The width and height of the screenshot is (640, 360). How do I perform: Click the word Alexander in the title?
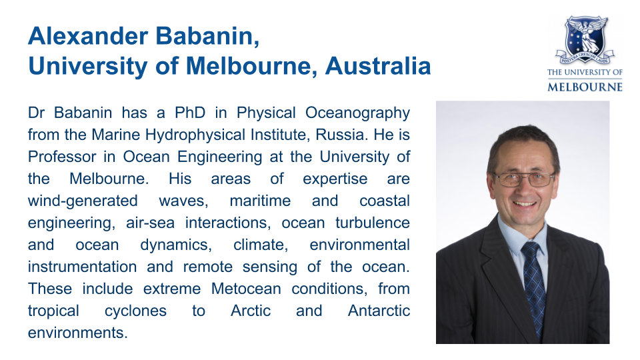tap(88, 36)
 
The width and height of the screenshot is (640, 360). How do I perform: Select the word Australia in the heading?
tap(378, 66)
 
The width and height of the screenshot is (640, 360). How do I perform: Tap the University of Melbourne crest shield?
tap(585, 39)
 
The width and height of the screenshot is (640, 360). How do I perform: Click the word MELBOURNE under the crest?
tap(585, 87)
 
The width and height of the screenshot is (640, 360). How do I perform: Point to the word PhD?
tap(190, 113)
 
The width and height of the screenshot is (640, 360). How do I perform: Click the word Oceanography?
tap(357, 113)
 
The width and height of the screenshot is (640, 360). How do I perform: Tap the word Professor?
tap(58, 157)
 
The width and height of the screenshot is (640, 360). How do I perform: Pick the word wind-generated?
tap(83, 201)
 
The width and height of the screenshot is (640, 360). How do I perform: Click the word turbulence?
tap(373, 223)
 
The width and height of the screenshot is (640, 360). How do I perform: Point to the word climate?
tap(261, 245)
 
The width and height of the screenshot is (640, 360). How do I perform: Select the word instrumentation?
tap(82, 267)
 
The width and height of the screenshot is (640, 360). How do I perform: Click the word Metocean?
tap(246, 289)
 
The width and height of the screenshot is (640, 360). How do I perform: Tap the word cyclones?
tap(135, 311)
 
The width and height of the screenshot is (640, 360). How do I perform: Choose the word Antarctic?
tap(379, 311)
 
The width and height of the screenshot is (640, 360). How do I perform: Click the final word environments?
tap(77, 333)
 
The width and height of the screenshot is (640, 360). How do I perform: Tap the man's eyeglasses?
tap(525, 179)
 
